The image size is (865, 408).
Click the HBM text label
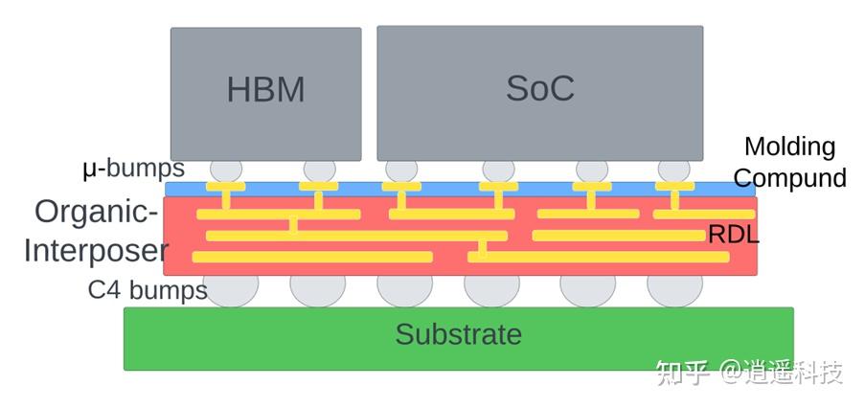(x=266, y=90)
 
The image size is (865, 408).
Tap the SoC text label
(x=540, y=88)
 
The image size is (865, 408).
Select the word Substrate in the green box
(x=459, y=334)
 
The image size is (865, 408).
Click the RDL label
(x=733, y=235)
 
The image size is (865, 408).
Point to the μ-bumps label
(x=133, y=170)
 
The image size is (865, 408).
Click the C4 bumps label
(x=148, y=290)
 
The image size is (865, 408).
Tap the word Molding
(x=790, y=147)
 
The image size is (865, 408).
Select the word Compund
(x=790, y=178)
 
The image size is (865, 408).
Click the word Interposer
(x=96, y=251)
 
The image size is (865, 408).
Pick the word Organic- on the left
(x=97, y=212)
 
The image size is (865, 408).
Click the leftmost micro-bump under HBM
(x=226, y=170)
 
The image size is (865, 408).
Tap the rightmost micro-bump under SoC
(x=674, y=170)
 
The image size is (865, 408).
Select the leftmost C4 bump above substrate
(x=231, y=290)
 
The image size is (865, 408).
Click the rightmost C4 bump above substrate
(x=674, y=290)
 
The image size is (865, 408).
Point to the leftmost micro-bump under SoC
(x=401, y=170)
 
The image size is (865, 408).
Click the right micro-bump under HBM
(x=319, y=170)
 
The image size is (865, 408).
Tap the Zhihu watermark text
(x=749, y=373)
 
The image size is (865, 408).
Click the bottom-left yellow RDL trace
(x=312, y=257)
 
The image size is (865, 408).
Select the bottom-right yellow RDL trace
(x=599, y=257)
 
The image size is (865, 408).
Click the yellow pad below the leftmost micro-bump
(x=226, y=187)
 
